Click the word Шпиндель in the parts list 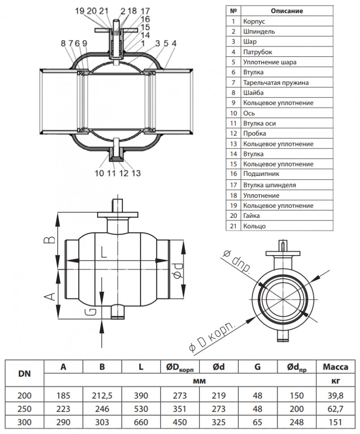(259, 32)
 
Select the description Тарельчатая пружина (276, 82)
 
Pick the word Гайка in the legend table (251, 215)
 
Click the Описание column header (287, 11)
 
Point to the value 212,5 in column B (102, 396)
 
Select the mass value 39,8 (335, 396)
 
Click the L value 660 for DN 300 (141, 422)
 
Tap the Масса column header (335, 367)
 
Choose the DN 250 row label (24, 409)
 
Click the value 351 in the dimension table (180, 409)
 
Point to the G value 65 (257, 422)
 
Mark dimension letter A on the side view (50, 297)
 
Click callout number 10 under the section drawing (99, 173)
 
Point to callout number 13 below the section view (136, 173)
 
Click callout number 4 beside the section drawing (174, 43)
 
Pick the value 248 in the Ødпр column (296, 422)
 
